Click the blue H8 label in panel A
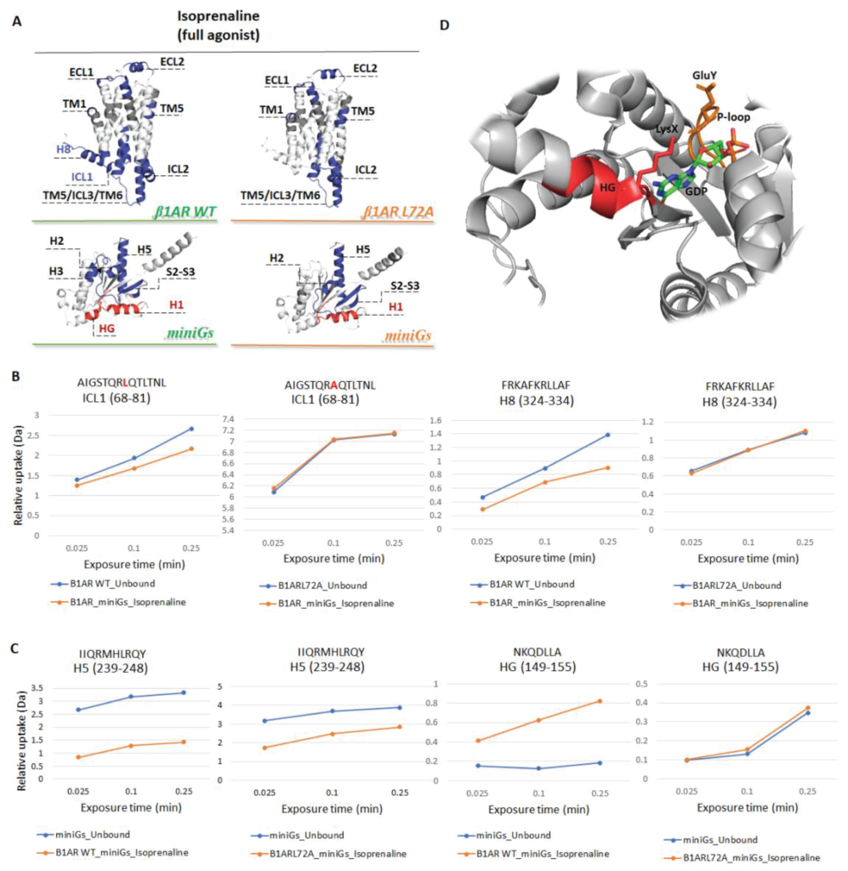pos(63,149)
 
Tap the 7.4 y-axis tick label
pos(241,419)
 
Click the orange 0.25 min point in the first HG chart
pos(600,701)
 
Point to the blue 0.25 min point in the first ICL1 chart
pos(192,429)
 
